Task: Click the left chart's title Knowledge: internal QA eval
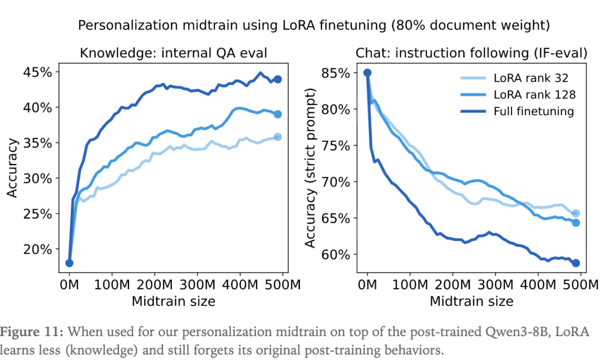point(174,53)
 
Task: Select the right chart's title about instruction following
point(471,53)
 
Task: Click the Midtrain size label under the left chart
point(173,302)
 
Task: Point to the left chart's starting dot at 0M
point(70,263)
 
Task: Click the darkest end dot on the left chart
point(278,79)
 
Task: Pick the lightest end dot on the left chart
point(278,137)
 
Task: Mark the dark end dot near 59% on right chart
point(576,263)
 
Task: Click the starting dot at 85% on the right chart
point(367,72)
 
